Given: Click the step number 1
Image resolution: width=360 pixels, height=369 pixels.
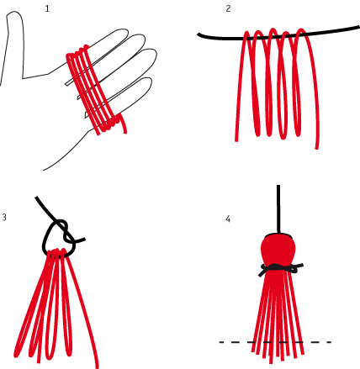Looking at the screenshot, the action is pyautogui.click(x=47, y=8).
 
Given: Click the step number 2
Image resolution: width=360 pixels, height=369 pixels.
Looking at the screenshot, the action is pyautogui.click(x=228, y=8).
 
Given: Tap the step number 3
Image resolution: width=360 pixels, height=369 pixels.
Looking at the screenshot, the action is pyautogui.click(x=4, y=218).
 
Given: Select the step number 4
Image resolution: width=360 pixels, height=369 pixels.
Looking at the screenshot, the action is pyautogui.click(x=228, y=219).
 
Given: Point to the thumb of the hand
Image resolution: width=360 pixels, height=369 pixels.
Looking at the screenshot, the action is pyautogui.click(x=14, y=42).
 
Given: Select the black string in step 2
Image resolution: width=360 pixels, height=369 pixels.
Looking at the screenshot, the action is pyautogui.click(x=278, y=35).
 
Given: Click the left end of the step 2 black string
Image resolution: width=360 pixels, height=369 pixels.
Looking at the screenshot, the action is pyautogui.click(x=198, y=34).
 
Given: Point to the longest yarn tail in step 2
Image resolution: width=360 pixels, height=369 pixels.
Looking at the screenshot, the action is pyautogui.click(x=314, y=92).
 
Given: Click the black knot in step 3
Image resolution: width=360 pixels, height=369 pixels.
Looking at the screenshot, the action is pyautogui.click(x=65, y=229).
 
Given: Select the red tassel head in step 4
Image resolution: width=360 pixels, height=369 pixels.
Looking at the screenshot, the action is pyautogui.click(x=278, y=250).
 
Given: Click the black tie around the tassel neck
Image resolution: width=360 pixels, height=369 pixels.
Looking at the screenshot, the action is pyautogui.click(x=280, y=268).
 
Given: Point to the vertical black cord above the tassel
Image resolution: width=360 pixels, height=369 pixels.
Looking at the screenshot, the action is pyautogui.click(x=278, y=209).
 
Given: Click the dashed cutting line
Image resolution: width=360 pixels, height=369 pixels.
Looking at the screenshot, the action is pyautogui.click(x=275, y=342).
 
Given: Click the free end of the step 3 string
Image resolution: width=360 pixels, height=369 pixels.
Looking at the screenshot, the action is pyautogui.click(x=84, y=240).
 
